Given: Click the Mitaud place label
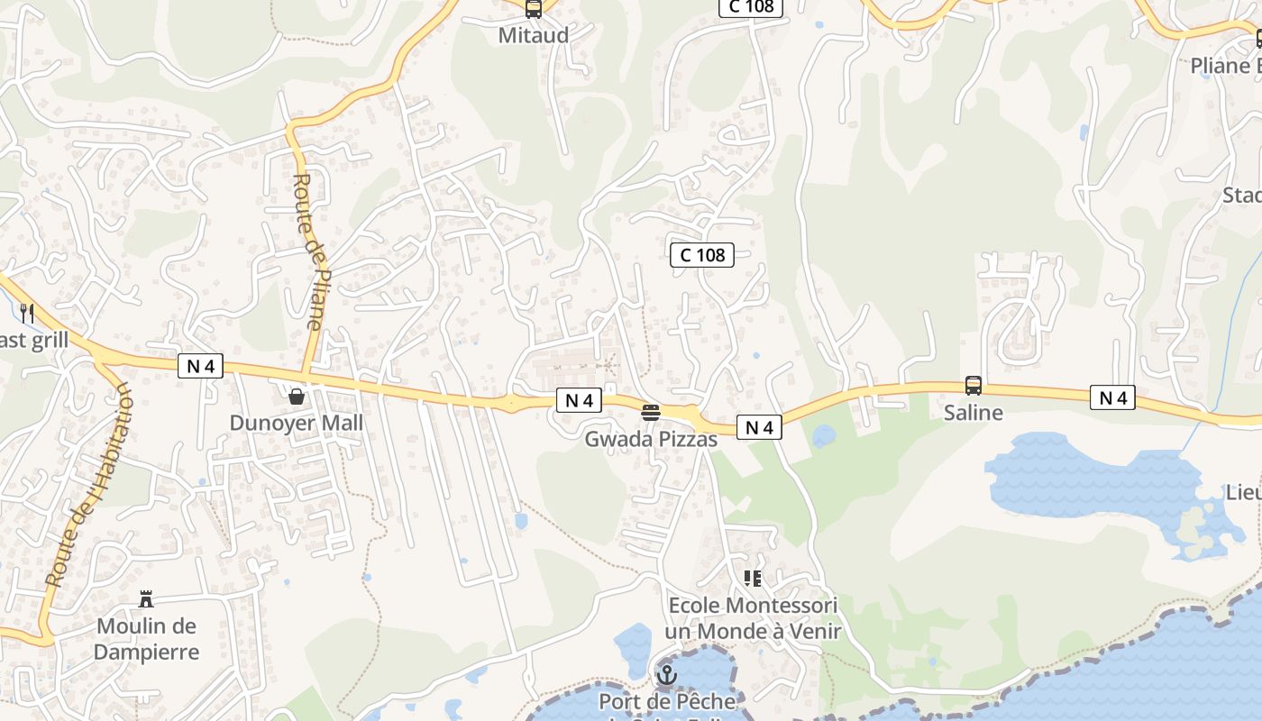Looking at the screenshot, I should (x=534, y=35).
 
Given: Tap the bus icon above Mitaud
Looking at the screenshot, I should (x=534, y=9).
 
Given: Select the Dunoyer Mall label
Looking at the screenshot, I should (x=296, y=423).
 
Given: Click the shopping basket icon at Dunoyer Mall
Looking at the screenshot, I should (x=296, y=396).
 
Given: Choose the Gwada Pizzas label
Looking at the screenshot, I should (x=651, y=439).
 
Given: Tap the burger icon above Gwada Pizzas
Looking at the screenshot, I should (x=651, y=413).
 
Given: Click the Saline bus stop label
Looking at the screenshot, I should (x=973, y=413).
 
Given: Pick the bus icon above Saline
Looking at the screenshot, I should (x=973, y=386).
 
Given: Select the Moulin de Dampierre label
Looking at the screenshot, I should (x=146, y=639).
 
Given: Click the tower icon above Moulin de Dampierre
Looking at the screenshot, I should (x=146, y=599).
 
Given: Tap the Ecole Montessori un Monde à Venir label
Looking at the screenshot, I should (x=753, y=617).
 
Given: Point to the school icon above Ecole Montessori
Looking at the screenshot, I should (x=753, y=579).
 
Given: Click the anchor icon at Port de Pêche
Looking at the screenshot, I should (x=666, y=674).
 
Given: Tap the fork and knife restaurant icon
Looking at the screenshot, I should (x=27, y=314).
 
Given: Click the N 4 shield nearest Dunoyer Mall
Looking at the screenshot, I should (x=200, y=366).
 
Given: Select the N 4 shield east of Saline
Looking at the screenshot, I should (x=1112, y=397).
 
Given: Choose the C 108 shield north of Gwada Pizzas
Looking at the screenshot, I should (x=702, y=255).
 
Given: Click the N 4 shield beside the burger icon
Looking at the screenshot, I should (x=579, y=400).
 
